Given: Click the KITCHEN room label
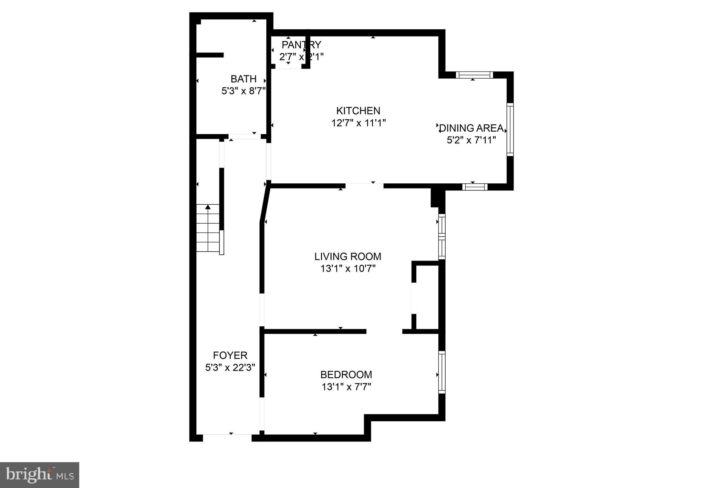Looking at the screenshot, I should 358,111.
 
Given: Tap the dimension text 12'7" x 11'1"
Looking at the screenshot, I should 358,123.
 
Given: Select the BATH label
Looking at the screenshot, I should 243,79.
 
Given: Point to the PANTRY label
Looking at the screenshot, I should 301,45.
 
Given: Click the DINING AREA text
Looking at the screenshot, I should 471,128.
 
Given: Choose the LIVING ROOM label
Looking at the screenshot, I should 348,256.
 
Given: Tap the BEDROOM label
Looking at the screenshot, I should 346,375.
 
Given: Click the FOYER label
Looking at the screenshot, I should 230,355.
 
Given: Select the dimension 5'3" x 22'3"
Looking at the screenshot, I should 230,368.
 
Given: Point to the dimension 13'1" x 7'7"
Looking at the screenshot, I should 346,387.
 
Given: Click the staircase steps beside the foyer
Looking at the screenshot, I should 208,229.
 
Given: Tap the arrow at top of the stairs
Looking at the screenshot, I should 208,207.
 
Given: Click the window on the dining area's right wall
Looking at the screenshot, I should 510,130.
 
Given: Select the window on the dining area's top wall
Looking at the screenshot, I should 474,75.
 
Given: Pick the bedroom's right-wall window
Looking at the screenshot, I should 442,372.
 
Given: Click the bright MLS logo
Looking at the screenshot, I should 40,475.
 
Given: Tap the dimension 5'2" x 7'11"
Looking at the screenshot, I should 471,140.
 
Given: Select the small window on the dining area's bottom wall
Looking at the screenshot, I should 475,187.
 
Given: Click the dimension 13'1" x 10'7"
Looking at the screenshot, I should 348,269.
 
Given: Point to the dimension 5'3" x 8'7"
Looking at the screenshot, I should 243,91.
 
